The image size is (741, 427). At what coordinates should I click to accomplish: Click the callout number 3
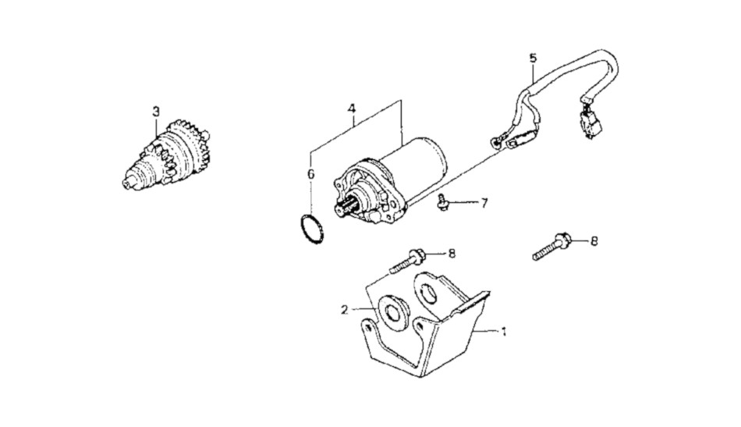pos(156,112)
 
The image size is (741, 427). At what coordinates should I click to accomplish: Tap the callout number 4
pos(351,109)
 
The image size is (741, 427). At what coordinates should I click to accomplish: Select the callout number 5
pos(533,59)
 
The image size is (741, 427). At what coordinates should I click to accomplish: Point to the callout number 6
pos(310,174)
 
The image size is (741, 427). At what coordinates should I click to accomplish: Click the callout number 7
pos(484,203)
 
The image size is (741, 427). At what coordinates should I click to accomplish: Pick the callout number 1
pos(504,332)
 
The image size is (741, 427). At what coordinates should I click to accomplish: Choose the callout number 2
pos(345,310)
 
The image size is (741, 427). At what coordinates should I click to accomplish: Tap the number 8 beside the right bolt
pos(594,241)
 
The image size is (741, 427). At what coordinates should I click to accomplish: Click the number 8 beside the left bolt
pos(452,254)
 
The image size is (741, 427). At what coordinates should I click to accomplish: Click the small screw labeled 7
pos(443,202)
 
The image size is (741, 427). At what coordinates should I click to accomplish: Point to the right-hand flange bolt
pos(552,247)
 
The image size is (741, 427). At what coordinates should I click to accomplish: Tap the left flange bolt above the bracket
pos(406,262)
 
